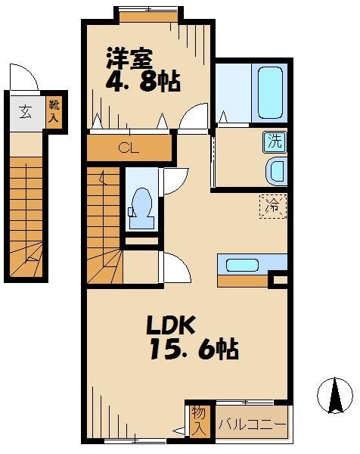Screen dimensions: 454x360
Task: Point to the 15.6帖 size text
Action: click(192, 350)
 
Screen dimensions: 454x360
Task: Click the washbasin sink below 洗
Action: click(276, 171)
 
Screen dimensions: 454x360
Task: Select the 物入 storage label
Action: click(198, 420)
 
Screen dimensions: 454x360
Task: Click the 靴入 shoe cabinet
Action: click(54, 113)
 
